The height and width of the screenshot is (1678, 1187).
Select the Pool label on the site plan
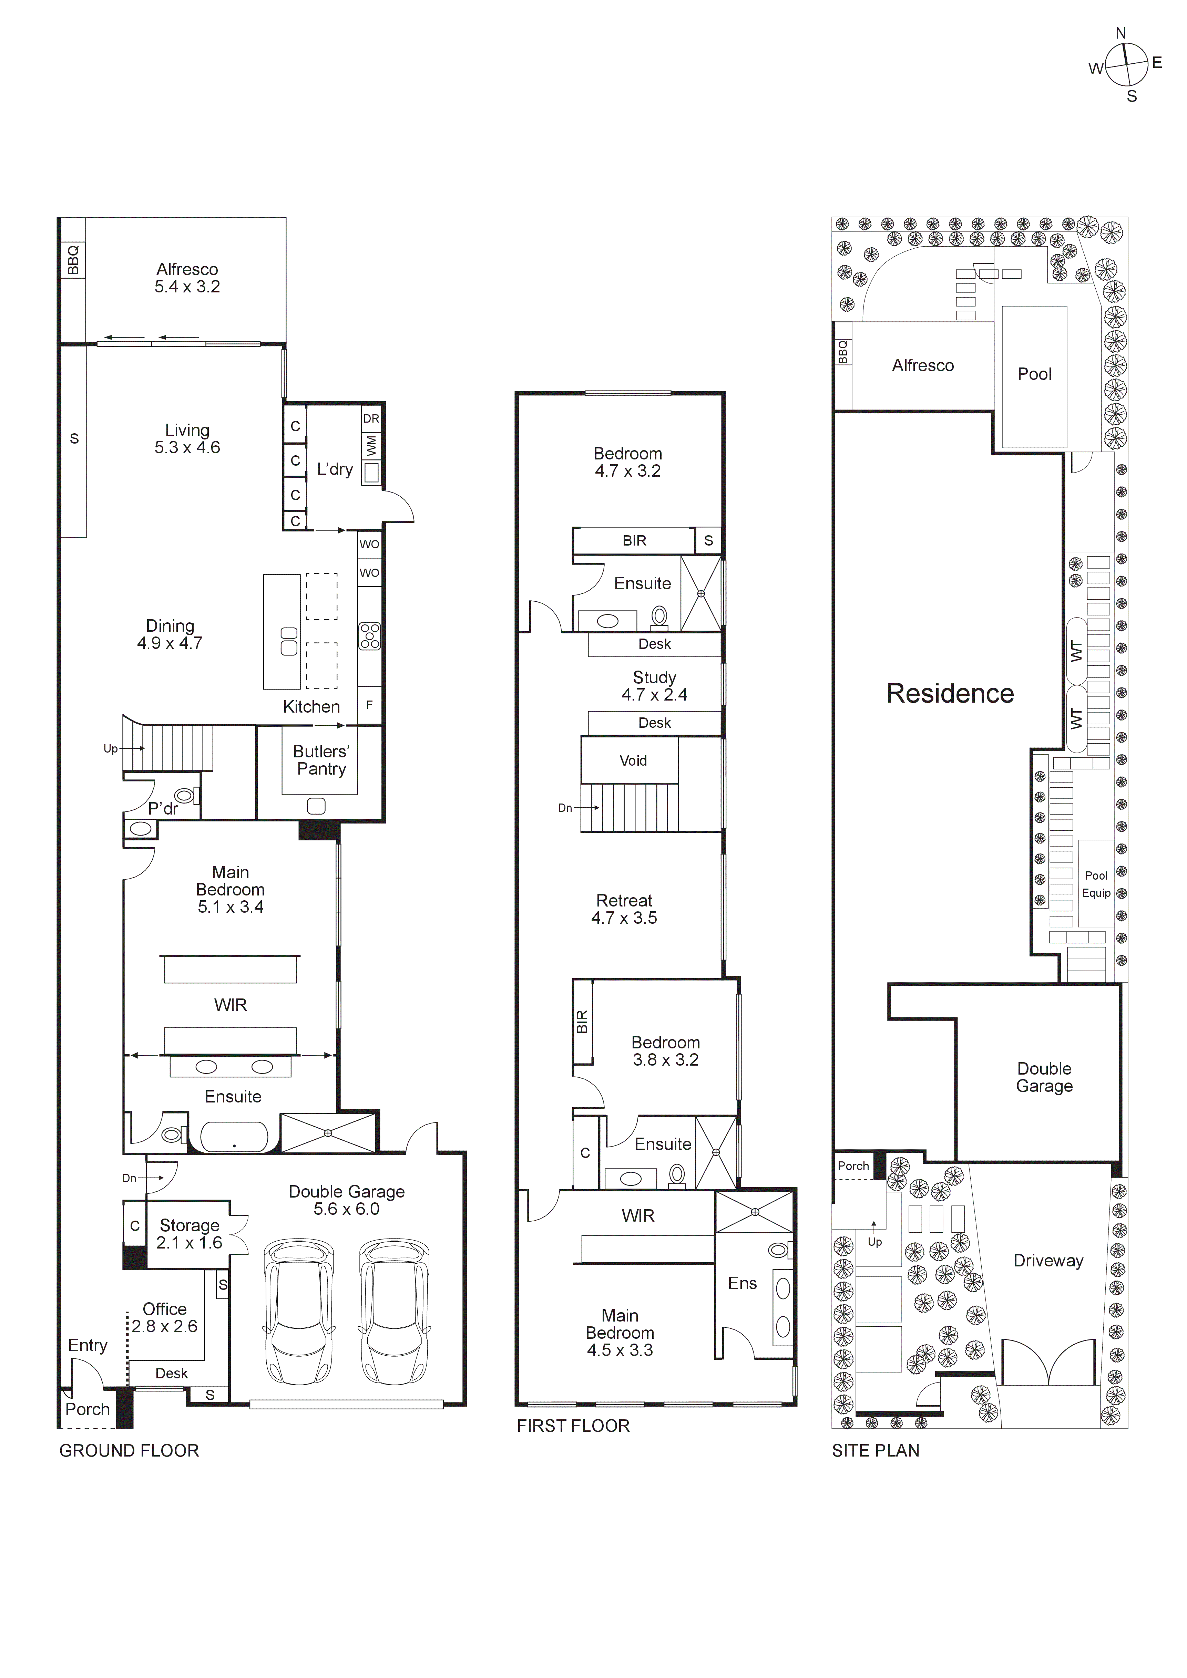click(1034, 374)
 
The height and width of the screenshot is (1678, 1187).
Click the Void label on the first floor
click(633, 761)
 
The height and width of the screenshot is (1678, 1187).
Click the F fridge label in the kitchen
click(369, 705)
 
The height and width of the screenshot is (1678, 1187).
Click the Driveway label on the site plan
click(1047, 1261)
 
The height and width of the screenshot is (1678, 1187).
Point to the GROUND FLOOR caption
click(129, 1451)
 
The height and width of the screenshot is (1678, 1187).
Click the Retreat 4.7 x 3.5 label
click(624, 909)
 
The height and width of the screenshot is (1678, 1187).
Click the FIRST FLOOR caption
click(573, 1426)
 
